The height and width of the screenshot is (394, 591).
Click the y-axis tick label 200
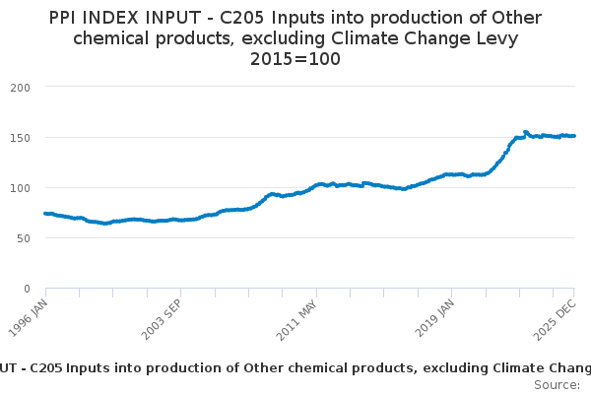(21, 87)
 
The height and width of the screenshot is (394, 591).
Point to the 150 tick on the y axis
(21, 137)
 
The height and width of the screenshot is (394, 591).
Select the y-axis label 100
(21, 187)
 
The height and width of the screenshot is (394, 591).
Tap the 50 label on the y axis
(25, 237)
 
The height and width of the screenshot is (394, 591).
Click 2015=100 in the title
(295, 58)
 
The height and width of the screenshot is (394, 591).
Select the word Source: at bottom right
(557, 384)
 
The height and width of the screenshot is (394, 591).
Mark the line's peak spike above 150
(525, 131)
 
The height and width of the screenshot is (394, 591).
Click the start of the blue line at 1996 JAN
(45, 213)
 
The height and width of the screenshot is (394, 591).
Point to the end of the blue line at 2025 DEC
(574, 136)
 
